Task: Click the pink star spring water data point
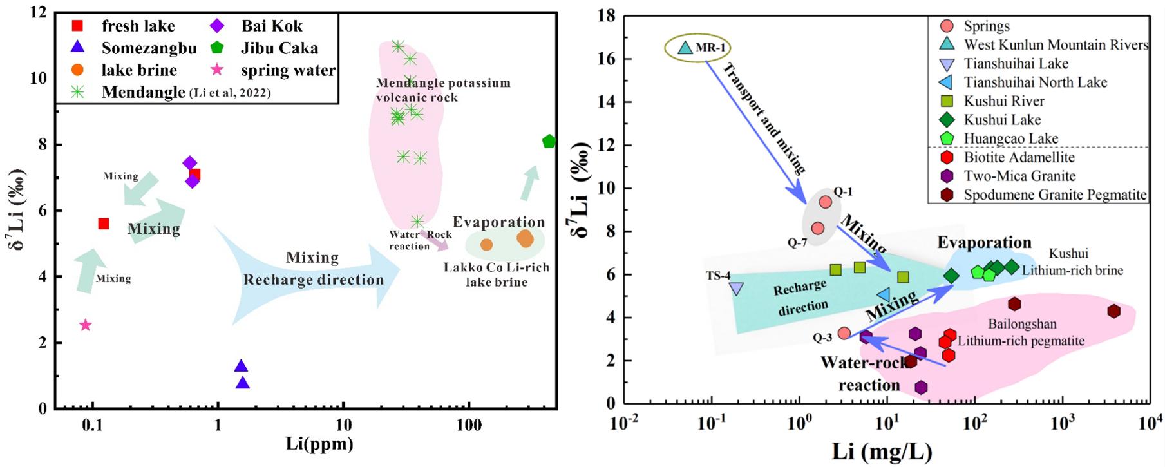85,325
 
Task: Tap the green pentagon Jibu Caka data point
549,142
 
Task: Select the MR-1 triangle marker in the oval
685,48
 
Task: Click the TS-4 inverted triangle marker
736,289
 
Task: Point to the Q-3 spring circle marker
844,333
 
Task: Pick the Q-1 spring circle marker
825,202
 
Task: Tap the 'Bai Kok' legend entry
271,26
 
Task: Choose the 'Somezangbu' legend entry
149,48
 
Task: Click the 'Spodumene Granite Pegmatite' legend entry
1055,195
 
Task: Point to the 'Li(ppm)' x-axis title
319,444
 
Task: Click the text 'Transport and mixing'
764,119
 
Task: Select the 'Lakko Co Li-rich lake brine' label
496,274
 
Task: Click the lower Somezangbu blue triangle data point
242,383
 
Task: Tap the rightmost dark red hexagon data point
1113,311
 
